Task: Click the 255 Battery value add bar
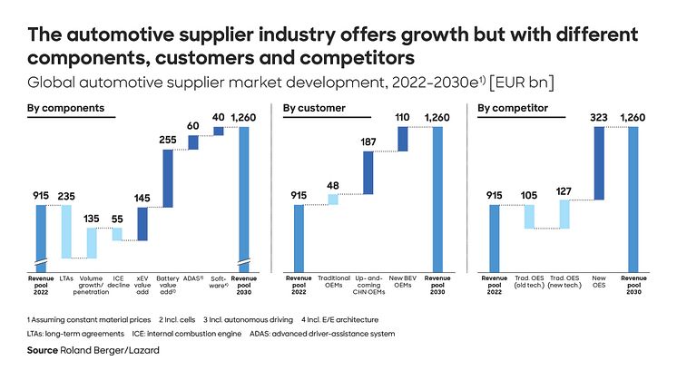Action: [168, 179]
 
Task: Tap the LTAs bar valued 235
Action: [66, 231]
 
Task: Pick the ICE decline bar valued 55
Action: [117, 234]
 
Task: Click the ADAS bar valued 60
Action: [193, 142]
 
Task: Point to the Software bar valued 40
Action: [218, 132]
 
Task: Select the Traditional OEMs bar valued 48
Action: [333, 200]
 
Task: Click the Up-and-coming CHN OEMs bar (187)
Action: [368, 172]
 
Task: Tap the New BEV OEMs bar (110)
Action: [403, 139]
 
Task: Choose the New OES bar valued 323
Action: [599, 163]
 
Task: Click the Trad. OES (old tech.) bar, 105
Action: [529, 217]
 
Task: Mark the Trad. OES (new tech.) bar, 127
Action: [564, 214]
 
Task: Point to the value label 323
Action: [599, 117]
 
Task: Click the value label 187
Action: [368, 142]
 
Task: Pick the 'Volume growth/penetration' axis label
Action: [92, 284]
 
